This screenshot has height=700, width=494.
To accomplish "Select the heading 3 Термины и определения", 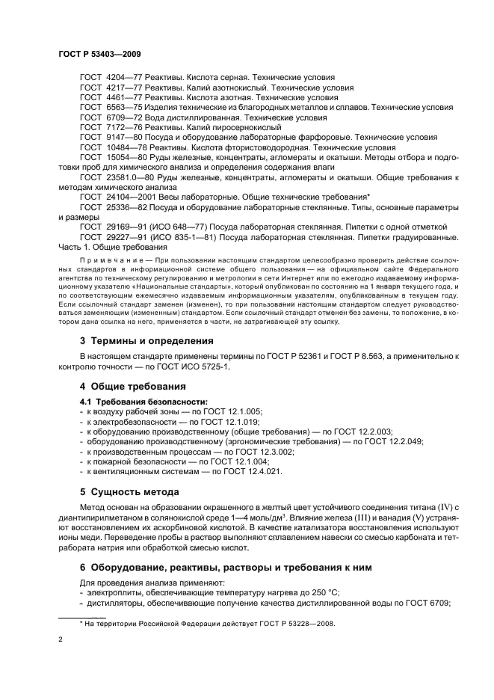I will coord(146,340).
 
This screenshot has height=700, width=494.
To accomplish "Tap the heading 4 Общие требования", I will coord(133,387).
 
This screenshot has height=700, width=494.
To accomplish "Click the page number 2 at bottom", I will coord(61,640).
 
